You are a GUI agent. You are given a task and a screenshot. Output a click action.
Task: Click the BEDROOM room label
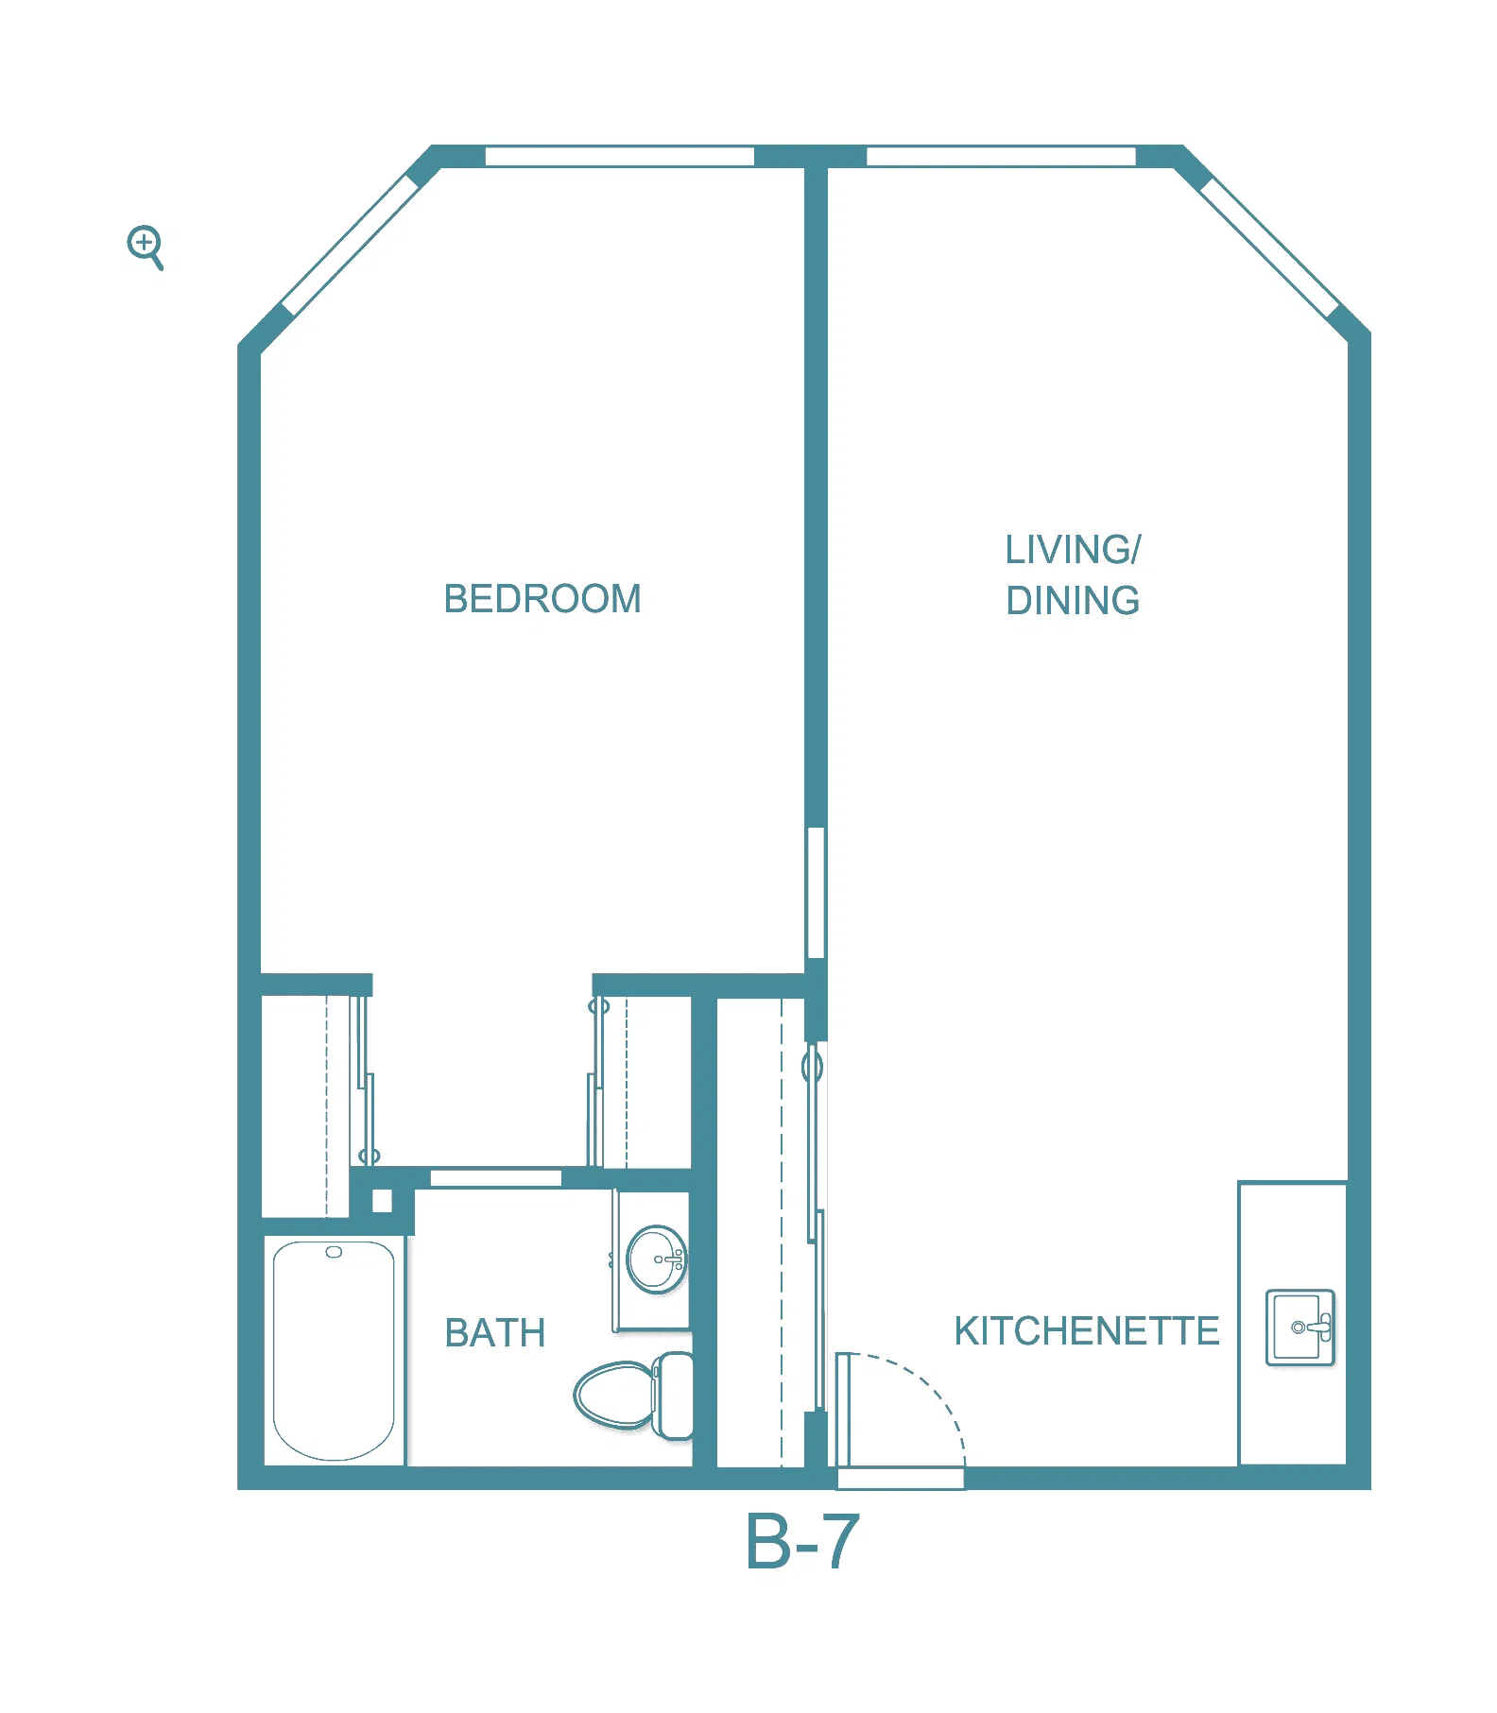coord(542,599)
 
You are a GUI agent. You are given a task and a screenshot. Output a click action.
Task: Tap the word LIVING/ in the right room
coord(1073,550)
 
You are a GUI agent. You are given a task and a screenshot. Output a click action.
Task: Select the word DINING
coord(1073,601)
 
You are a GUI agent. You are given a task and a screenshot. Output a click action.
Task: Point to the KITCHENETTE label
coord(1087,1330)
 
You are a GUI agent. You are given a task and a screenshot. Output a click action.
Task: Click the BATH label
coord(495,1333)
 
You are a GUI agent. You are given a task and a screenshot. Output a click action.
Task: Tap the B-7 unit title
coord(802,1541)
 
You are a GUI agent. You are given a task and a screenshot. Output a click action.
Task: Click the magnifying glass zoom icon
coord(146,248)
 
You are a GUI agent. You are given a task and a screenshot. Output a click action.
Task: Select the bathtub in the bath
coord(334,1350)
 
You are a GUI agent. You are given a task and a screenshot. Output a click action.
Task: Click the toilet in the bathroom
coord(634,1395)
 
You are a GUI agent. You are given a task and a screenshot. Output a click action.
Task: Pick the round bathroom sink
coord(656,1259)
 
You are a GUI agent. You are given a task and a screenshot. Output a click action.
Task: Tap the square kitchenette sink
coord(1300,1327)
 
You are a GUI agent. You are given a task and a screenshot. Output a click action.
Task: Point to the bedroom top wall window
coord(620,156)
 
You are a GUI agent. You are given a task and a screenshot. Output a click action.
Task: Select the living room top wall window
coord(1001,156)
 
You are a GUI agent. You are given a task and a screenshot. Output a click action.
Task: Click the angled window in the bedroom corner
coord(351,245)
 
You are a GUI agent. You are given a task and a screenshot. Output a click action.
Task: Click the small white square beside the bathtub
coord(382,1201)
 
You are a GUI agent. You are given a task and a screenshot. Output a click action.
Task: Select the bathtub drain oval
coord(334,1252)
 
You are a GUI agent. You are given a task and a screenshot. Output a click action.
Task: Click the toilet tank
coord(674,1395)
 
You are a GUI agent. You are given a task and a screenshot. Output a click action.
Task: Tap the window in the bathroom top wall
coord(496,1177)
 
